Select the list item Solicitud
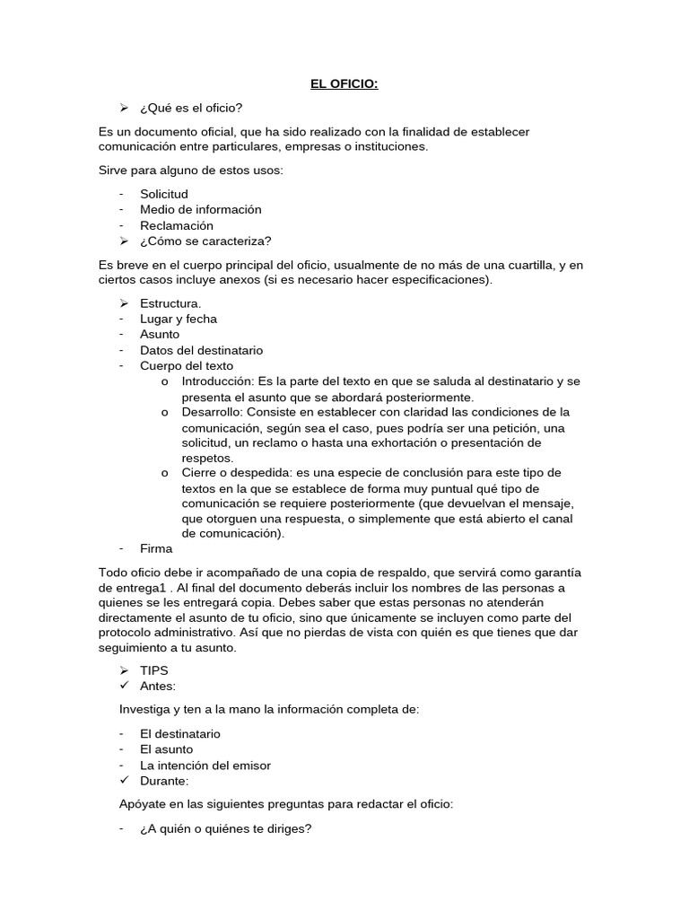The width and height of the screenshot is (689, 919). [x=164, y=194]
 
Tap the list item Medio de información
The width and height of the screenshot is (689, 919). [x=201, y=209]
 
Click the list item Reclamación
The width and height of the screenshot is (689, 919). [x=177, y=225]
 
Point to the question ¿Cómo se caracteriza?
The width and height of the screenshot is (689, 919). [x=205, y=241]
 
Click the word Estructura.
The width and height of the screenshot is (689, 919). [x=170, y=303]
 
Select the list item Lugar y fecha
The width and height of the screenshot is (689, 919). [x=179, y=319]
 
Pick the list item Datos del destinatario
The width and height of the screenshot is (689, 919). [x=201, y=350]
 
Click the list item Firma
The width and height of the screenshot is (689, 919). [x=156, y=548]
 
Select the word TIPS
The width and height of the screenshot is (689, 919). [x=154, y=670]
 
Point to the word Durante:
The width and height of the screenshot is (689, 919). [x=164, y=781]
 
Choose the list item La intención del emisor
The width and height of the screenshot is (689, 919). [x=205, y=766]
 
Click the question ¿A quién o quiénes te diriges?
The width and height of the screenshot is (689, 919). [x=225, y=828]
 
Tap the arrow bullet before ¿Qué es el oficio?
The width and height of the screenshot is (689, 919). [x=125, y=108]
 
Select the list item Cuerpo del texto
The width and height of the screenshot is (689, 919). [x=187, y=366]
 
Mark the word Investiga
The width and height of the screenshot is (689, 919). [x=147, y=710]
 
